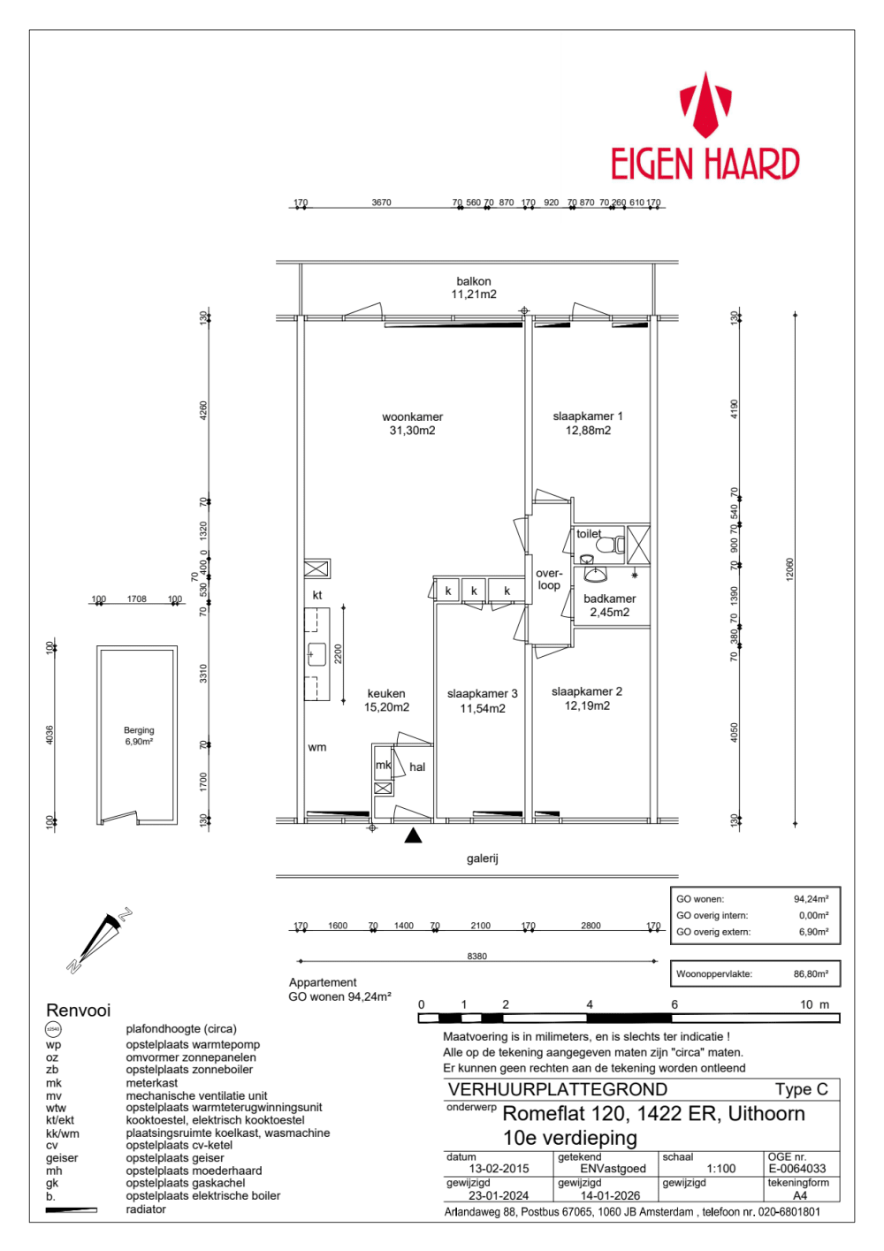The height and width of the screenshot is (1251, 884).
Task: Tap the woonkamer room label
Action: (412, 423)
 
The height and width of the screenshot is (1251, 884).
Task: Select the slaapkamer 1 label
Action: (588, 423)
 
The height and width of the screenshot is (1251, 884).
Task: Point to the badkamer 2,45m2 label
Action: (609, 606)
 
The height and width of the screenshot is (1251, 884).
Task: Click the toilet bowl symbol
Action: (606, 545)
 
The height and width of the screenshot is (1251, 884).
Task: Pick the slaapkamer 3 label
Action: (482, 700)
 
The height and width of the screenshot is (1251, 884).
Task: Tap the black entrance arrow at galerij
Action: (413, 835)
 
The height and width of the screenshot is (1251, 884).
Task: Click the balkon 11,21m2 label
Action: (474, 287)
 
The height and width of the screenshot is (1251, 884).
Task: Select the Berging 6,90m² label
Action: (139, 736)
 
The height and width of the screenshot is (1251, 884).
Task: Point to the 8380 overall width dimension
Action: (476, 956)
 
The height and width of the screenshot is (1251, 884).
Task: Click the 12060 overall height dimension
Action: (789, 568)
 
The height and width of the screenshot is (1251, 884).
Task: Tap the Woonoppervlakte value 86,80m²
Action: (811, 974)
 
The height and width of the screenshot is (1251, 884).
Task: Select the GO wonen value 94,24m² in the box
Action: (811, 899)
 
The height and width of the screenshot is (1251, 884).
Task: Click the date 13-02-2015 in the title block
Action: (499, 1169)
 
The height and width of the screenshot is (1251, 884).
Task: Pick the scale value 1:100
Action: (721, 1169)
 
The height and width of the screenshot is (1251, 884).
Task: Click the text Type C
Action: (801, 1089)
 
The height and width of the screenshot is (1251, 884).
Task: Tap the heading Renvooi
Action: (79, 1011)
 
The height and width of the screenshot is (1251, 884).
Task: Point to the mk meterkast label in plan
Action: (383, 765)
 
